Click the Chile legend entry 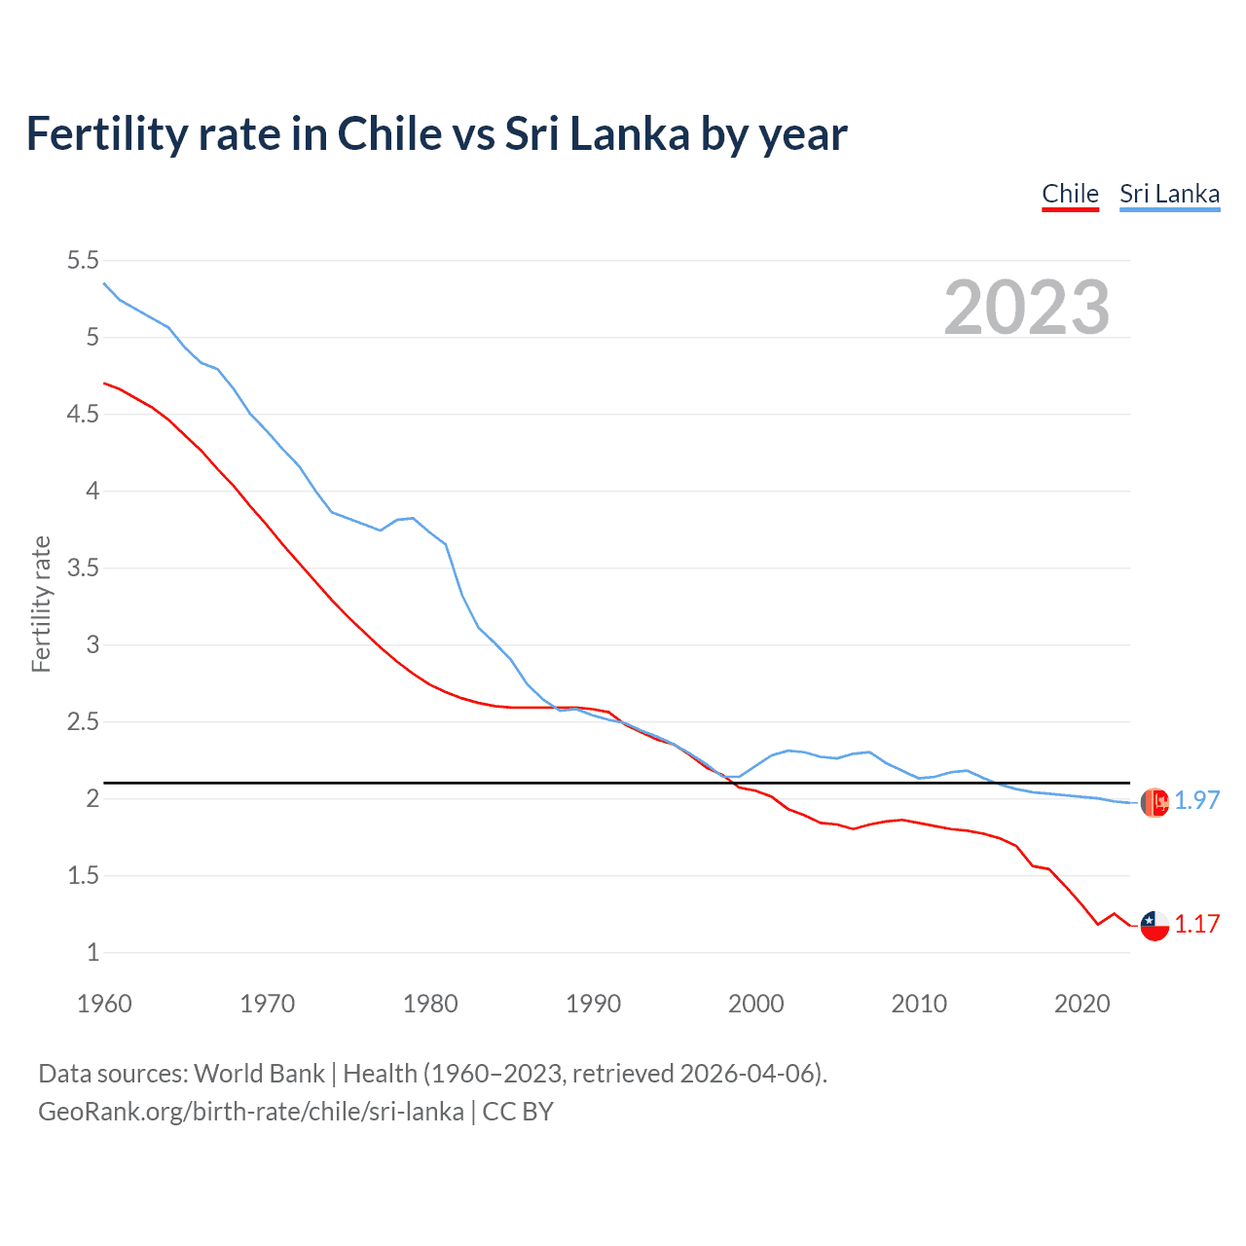click(1070, 194)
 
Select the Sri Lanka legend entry click(1169, 194)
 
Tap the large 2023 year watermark click(1027, 308)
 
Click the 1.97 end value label click(1196, 800)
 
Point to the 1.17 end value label click(1196, 924)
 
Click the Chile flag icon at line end click(1154, 926)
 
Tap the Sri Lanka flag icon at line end click(1154, 802)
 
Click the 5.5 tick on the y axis click(83, 260)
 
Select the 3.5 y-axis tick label click(83, 568)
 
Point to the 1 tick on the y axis click(92, 952)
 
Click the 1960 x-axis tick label click(104, 1004)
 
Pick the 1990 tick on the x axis click(593, 1004)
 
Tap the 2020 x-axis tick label click(1081, 1004)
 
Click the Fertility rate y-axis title click(41, 604)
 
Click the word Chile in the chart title click(388, 133)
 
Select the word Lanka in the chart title click(629, 133)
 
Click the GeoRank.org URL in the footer click(250, 1112)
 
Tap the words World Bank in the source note click(259, 1074)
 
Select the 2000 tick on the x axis click(755, 1004)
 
